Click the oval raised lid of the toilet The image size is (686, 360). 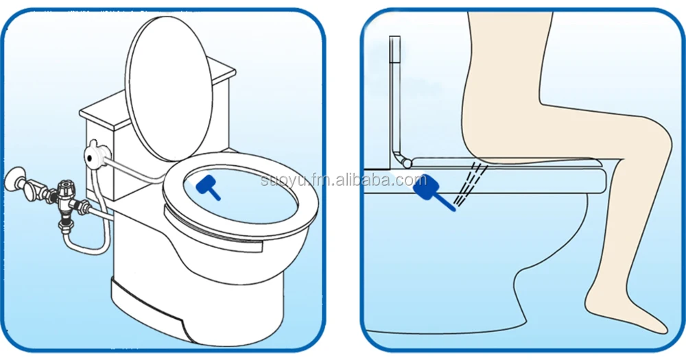pyautogui.click(x=169, y=88)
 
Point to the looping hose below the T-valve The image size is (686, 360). pyautogui.click(x=88, y=245)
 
